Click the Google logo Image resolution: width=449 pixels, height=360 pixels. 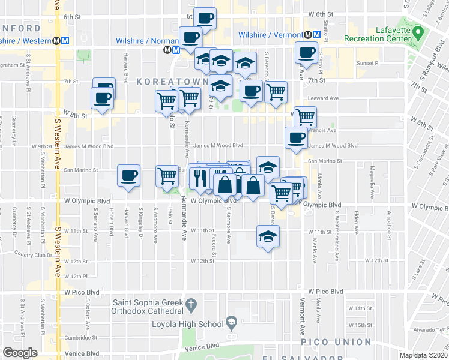[x=20, y=353]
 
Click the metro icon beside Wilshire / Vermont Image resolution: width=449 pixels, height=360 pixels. [x=307, y=35]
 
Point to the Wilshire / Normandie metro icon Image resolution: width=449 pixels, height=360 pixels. [x=168, y=50]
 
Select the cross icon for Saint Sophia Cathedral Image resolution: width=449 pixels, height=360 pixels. [x=191, y=304]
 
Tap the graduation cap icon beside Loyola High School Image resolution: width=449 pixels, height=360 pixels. [x=231, y=324]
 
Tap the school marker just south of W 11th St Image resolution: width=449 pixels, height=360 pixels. [x=268, y=236]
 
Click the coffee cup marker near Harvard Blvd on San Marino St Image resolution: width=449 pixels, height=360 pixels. [x=128, y=175]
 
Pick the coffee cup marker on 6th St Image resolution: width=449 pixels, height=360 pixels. [x=205, y=19]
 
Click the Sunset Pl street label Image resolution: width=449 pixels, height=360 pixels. [x=369, y=62]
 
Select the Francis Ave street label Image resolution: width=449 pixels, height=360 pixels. [x=324, y=130]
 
